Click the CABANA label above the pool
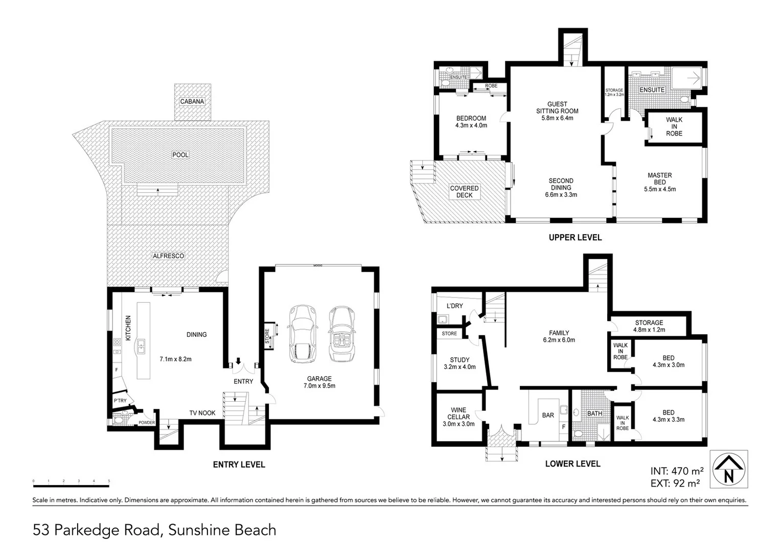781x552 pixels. [x=192, y=102]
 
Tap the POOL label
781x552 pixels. [x=180, y=155]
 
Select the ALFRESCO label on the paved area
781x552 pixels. [x=168, y=256]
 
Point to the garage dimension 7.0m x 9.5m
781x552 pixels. [x=319, y=386]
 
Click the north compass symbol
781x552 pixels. [x=729, y=469]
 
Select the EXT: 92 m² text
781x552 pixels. [x=675, y=482]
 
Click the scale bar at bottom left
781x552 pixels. [x=71, y=481]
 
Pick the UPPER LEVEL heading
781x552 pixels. [x=575, y=238]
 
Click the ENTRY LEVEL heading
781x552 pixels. [x=239, y=465]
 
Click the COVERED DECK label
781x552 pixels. [x=464, y=192]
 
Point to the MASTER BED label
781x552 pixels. [x=659, y=179]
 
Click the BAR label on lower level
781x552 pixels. [x=548, y=416]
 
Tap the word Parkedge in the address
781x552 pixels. [x=88, y=530]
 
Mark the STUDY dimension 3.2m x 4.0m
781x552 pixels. [x=460, y=367]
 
